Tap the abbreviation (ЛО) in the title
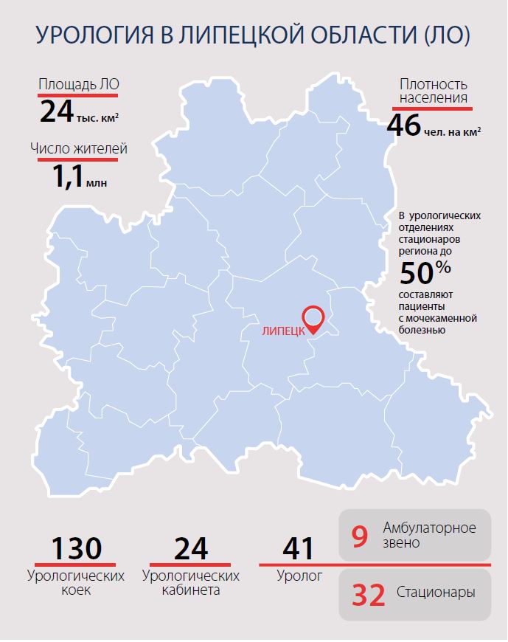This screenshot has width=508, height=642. tap(445, 36)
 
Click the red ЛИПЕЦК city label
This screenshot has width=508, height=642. tap(284, 332)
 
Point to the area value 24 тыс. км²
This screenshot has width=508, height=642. tap(78, 112)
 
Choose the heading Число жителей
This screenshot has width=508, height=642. tap(79, 148)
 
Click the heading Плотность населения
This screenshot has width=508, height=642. tap(433, 91)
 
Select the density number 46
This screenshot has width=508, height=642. tap(403, 125)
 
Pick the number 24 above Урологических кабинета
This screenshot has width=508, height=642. tap(191, 549)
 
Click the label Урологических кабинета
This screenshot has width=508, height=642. tap(191, 582)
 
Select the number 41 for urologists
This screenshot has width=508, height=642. tap(299, 549)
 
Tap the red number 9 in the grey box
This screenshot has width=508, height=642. tap(359, 536)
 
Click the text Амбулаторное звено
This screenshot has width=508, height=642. tap(429, 536)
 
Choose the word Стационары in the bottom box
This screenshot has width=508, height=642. tap(435, 593)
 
